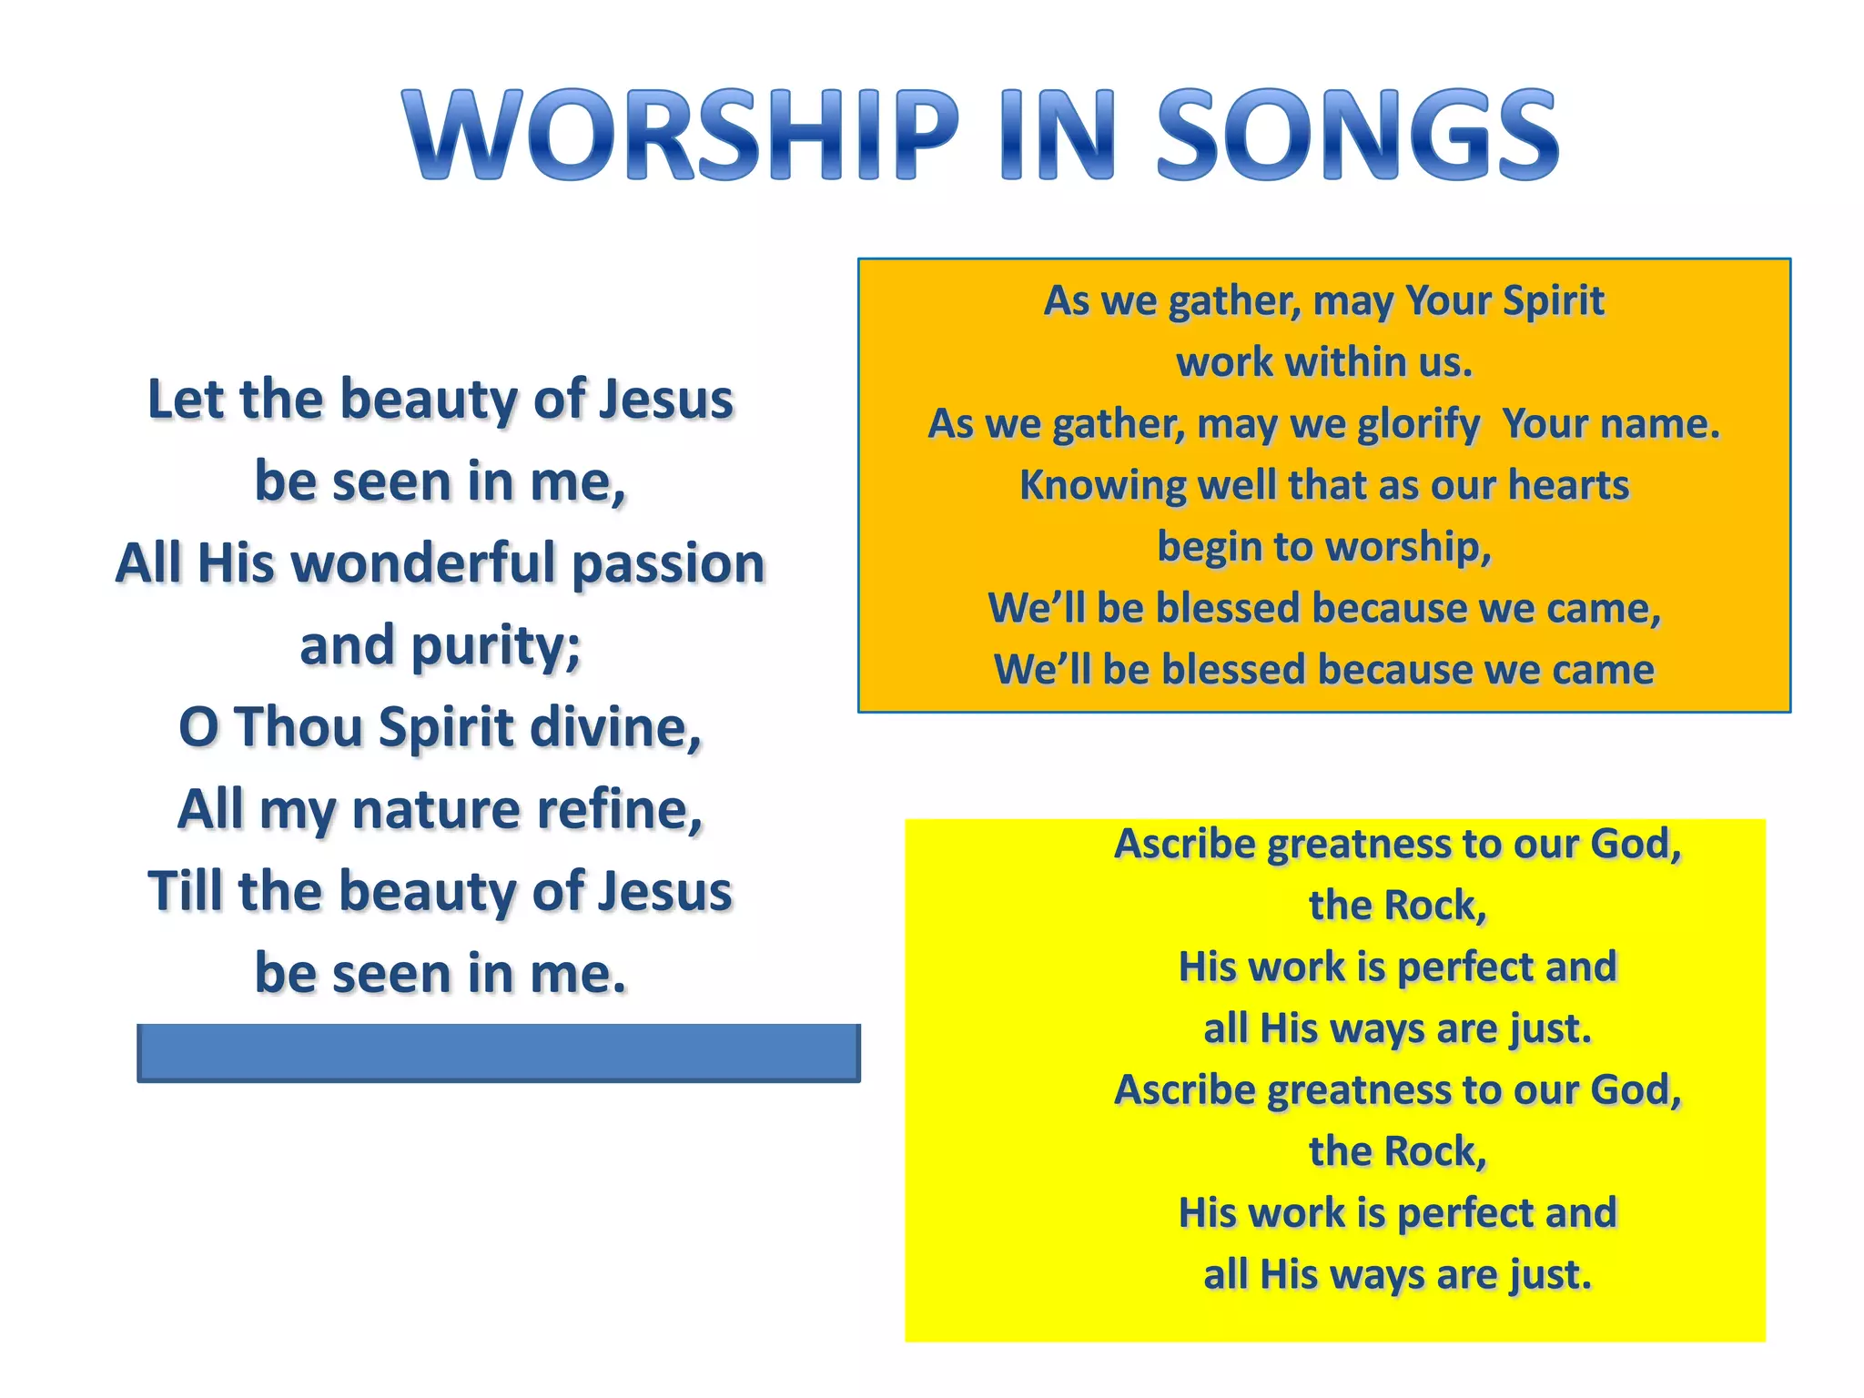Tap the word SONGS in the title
click(1358, 135)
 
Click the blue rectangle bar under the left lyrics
click(499, 1052)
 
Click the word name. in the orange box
click(1660, 424)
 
